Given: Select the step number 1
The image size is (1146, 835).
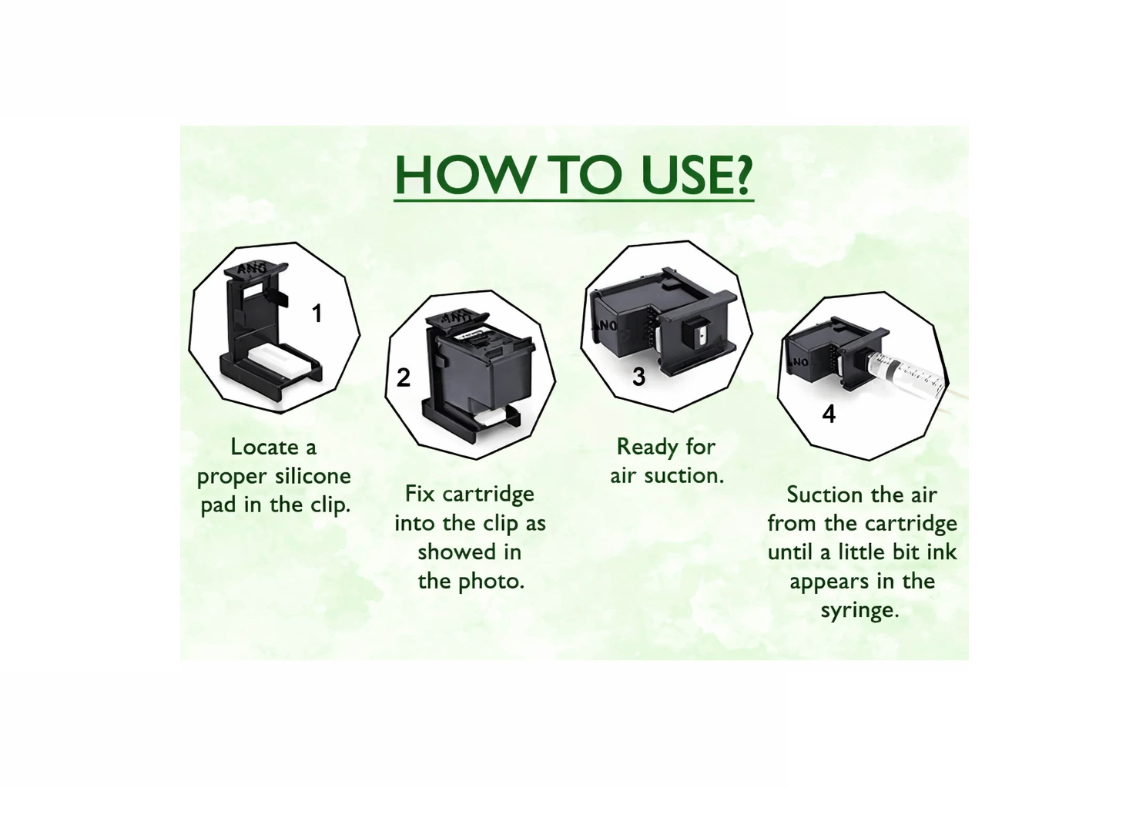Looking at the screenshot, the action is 317,313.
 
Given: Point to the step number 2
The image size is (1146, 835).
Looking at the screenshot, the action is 403,377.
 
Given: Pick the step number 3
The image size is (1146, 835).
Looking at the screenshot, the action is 639,377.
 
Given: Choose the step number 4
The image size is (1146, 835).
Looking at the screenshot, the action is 829,414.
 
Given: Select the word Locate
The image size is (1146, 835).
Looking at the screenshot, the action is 265,448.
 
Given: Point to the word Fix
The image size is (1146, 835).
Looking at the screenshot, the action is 420,494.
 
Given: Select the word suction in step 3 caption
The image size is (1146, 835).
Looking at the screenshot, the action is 684,476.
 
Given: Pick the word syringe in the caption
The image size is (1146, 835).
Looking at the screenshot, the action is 860,611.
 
